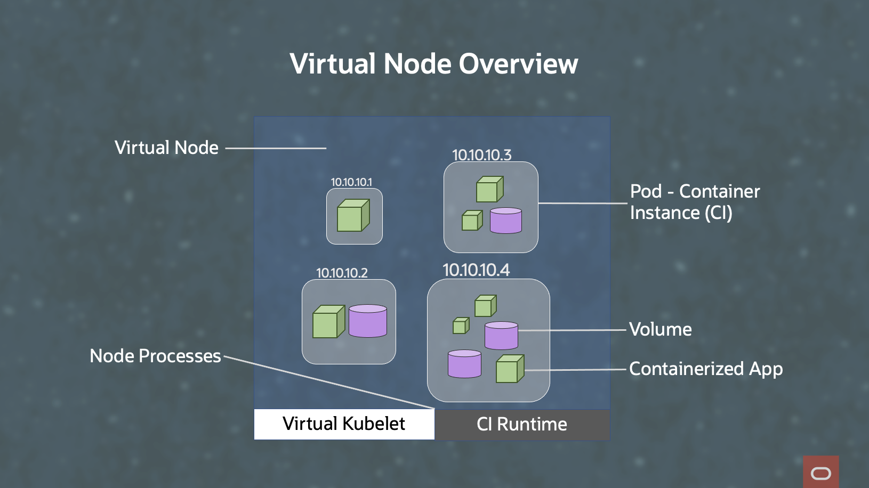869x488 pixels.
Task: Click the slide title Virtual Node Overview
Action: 433,64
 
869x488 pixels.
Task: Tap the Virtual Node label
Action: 166,148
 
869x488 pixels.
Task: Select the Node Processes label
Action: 155,356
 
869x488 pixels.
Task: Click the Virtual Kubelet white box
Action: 344,424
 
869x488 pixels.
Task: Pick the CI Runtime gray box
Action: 522,425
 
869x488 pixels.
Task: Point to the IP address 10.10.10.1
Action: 351,182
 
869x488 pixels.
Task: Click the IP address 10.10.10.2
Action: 342,273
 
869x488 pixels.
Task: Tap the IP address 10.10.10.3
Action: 481,155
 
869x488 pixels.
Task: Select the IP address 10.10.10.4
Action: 476,270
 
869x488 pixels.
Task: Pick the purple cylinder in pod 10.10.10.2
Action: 368,321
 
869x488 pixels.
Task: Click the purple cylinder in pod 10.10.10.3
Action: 505,221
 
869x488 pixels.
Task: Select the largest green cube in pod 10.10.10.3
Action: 489,190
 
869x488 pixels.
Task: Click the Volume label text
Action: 660,329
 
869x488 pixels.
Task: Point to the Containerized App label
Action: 705,369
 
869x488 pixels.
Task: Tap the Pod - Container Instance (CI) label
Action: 694,202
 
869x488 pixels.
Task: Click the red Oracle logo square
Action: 820,472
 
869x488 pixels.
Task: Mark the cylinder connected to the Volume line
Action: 501,336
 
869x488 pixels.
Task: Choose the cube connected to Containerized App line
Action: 509,369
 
